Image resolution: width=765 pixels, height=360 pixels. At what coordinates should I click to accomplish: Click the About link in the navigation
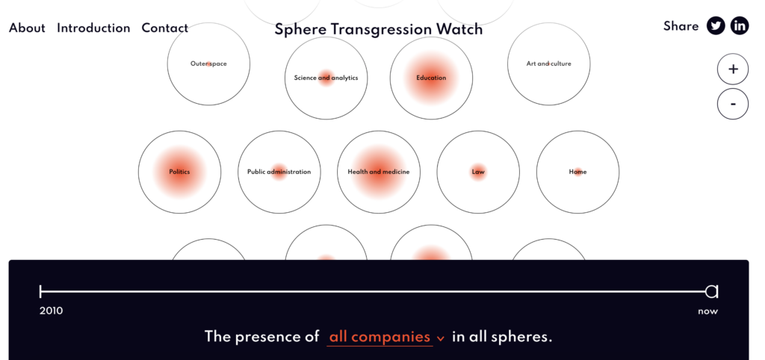point(27,28)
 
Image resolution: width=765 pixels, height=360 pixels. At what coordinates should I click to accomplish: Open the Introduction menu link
point(93,28)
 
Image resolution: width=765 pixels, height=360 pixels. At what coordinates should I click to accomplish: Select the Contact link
point(165,28)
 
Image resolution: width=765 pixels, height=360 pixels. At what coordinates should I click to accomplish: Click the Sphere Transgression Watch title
point(379,29)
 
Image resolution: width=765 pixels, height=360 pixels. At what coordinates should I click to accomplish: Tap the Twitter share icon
point(716,26)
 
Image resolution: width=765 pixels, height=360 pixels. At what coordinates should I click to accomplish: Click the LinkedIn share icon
point(740,26)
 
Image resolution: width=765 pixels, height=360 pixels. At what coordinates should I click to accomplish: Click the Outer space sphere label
point(209,64)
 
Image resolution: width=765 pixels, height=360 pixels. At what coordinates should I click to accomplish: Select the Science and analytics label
point(326,78)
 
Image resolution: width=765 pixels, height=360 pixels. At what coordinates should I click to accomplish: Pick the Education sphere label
point(431,78)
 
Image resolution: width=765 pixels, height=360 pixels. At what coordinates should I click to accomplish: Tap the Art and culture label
point(549,64)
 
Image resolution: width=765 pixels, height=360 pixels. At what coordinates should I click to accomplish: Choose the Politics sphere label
point(179,173)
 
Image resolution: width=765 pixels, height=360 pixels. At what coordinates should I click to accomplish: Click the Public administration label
point(279,173)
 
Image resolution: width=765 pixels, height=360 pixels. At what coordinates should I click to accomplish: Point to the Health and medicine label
point(379,173)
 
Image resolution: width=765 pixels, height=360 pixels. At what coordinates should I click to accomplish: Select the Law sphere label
point(478,173)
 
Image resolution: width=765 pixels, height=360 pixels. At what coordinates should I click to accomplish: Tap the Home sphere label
point(577,173)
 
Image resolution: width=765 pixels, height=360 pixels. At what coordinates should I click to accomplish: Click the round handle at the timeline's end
point(712,292)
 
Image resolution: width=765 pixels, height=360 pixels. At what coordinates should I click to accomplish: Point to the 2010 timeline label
point(52,311)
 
